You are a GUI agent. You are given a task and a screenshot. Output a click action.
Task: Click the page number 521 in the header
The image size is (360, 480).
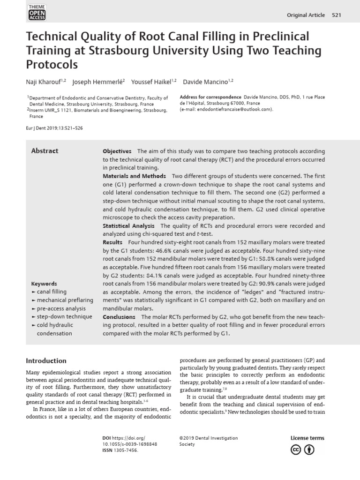tap(337, 15)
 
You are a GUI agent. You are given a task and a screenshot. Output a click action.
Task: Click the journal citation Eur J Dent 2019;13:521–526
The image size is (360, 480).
tap(55, 128)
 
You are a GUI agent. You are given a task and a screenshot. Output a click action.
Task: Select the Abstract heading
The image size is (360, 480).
tap(45, 151)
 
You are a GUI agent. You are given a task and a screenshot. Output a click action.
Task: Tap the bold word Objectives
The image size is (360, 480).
tap(117, 151)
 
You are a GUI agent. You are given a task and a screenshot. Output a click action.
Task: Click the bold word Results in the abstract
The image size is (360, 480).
tap(112, 242)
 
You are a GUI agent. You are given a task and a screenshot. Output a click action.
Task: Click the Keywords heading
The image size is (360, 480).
tap(44, 284)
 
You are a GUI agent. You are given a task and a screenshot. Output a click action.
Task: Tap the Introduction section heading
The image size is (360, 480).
tap(46, 361)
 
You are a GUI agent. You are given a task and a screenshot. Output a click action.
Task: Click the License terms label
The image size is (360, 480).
tap(307, 438)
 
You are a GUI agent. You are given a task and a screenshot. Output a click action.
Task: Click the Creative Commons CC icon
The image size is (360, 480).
tap(296, 450)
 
